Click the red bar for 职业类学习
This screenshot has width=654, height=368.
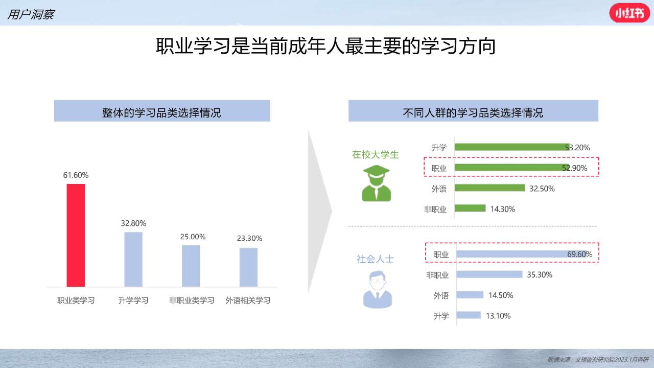pyautogui.click(x=76, y=236)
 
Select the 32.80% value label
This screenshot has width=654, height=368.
pyautogui.click(x=133, y=223)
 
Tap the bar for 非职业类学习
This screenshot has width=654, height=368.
pyautogui.click(x=191, y=266)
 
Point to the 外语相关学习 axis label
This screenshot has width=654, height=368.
pyautogui.click(x=248, y=300)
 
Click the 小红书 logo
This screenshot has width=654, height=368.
pyautogui.click(x=629, y=13)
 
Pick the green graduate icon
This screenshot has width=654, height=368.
pyautogui.click(x=377, y=183)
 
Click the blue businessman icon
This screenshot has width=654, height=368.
pyautogui.click(x=377, y=289)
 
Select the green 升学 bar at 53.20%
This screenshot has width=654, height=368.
pyautogui.click(x=512, y=147)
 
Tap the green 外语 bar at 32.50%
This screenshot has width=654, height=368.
pyautogui.click(x=489, y=188)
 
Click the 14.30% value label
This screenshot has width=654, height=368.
pyautogui.click(x=502, y=209)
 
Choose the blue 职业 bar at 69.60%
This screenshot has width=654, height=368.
pyautogui.click(x=522, y=254)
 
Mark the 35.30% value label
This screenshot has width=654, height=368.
pyautogui.click(x=539, y=275)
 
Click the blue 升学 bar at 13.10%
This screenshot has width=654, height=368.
pyautogui.click(x=469, y=315)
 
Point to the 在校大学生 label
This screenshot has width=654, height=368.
pyautogui.click(x=376, y=154)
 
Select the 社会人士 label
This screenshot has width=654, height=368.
pyautogui.click(x=376, y=259)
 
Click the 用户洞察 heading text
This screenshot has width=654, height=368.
pyautogui.click(x=31, y=14)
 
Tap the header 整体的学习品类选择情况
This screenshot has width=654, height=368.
pyautogui.click(x=161, y=113)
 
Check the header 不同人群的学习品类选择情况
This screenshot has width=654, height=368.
pyautogui.click(x=473, y=113)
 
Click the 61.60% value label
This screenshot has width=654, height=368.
pyautogui.click(x=76, y=175)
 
